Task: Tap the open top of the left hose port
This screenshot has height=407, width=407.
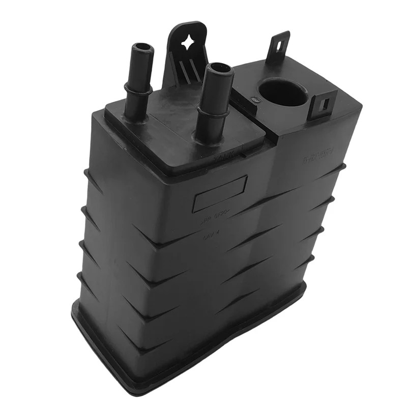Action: tap(142, 50)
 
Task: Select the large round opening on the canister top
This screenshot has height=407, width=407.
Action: tap(283, 92)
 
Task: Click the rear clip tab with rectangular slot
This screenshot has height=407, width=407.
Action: tap(278, 46)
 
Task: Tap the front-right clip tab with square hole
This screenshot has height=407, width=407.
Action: tap(323, 105)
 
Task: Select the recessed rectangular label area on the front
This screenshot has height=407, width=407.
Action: tap(219, 193)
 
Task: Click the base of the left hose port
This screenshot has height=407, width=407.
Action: tap(135, 114)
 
